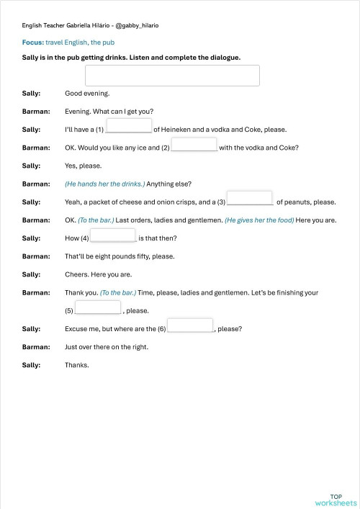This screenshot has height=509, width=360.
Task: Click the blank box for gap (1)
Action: pos(129,127)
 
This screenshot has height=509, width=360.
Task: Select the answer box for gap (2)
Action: pos(194,145)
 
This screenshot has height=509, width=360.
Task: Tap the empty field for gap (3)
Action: pos(250,198)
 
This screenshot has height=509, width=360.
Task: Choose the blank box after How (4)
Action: pos(112,235)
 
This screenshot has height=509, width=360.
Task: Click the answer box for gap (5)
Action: pos(98,307)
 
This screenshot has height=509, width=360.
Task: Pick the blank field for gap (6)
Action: pos(190,325)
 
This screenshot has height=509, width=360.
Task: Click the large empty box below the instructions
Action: pos(172,76)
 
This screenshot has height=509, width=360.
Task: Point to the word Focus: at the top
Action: pos(32,43)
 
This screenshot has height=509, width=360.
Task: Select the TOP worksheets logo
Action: pos(336,500)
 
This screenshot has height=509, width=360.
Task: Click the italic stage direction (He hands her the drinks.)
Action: pos(104,184)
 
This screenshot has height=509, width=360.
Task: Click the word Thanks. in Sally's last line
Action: pos(77,365)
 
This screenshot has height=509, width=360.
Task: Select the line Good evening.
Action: pos(87,94)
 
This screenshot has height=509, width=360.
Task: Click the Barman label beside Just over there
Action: pos(36,347)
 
